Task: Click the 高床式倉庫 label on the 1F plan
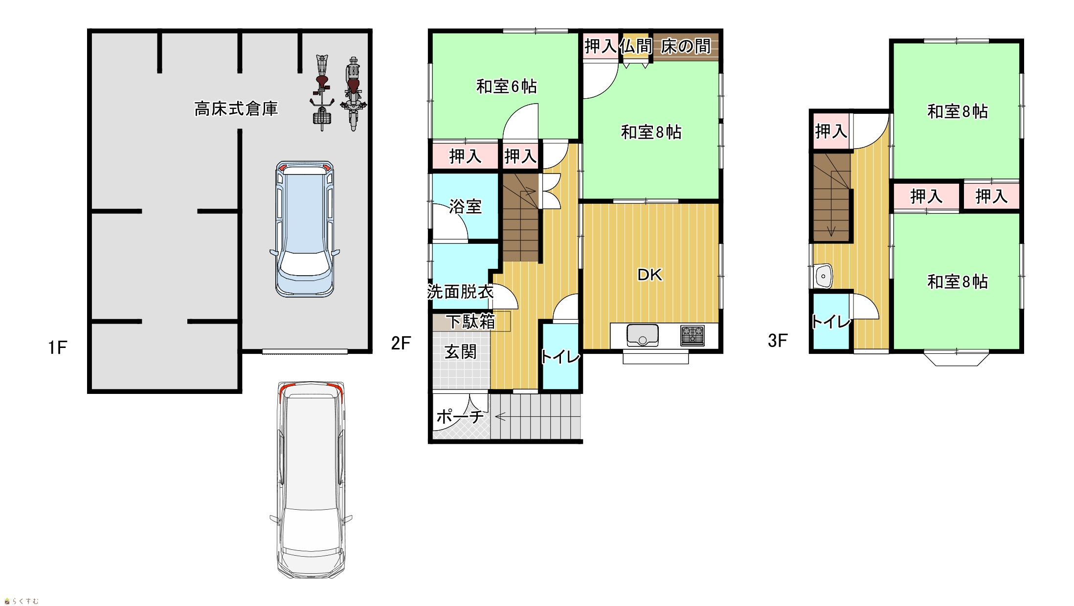tap(236, 108)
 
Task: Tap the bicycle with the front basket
tap(322, 92)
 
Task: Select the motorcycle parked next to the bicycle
tap(353, 93)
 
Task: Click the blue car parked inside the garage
tap(305, 229)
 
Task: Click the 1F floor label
tap(57, 347)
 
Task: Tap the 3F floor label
tap(778, 341)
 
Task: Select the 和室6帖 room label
tap(507, 87)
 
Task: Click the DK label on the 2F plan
tap(650, 275)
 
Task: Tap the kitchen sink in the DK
tap(643, 335)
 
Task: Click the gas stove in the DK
tap(693, 336)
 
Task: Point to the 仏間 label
tap(636, 46)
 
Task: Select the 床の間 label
tap(686, 46)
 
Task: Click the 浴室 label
tap(465, 206)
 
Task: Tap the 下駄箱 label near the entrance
tap(470, 321)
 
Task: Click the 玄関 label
tap(460, 352)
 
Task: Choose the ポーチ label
tap(460, 416)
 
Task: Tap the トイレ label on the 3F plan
tap(831, 322)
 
